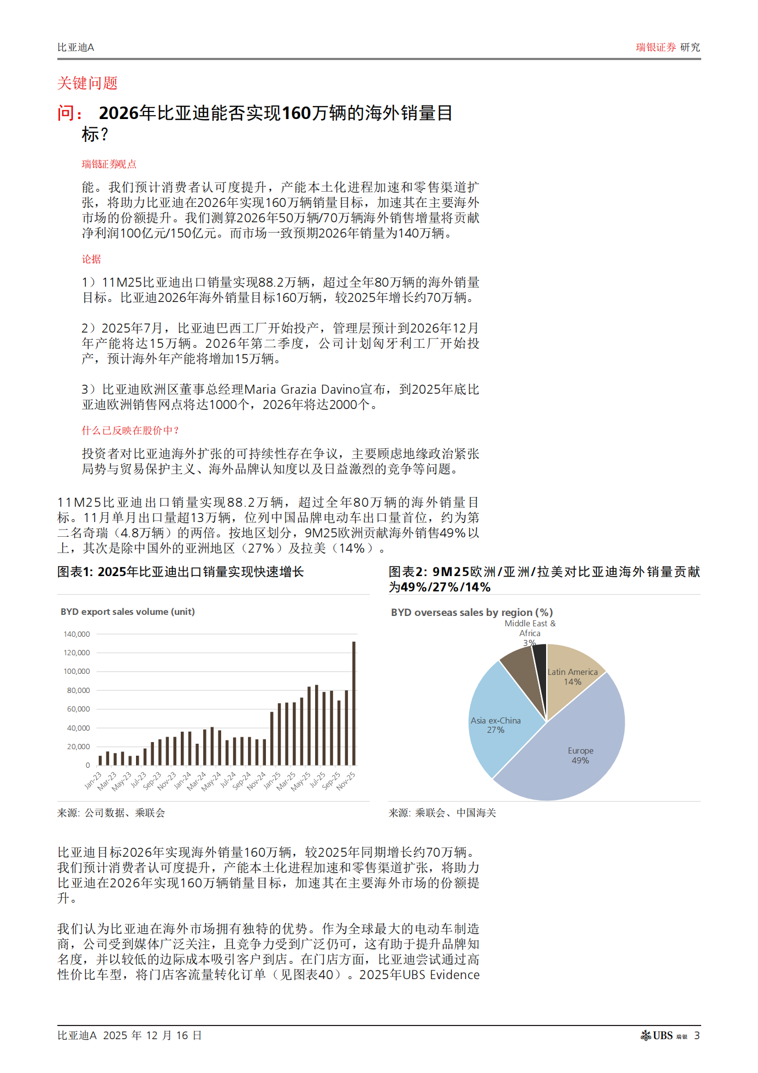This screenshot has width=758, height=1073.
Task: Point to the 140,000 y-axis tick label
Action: point(76,634)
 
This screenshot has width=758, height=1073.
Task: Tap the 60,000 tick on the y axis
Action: point(78,709)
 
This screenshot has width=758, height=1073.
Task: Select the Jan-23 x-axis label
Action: point(93,780)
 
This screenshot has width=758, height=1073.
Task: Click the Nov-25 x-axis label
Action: point(346,780)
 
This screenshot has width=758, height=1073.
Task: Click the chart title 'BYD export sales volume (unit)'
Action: point(127,612)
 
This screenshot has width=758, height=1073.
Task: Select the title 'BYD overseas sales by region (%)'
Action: point(472,612)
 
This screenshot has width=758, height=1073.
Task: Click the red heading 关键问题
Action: point(87,83)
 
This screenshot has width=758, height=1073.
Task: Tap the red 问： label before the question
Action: point(70,113)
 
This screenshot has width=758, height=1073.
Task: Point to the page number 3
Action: point(697,1035)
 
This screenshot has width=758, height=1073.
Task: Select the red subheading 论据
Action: point(91,259)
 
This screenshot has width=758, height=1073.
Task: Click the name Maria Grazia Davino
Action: point(315,389)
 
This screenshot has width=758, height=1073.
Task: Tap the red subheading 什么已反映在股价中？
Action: point(130,430)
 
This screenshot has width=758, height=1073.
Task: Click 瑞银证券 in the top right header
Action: point(655,48)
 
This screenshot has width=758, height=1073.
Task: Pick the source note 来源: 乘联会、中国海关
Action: point(442,813)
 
